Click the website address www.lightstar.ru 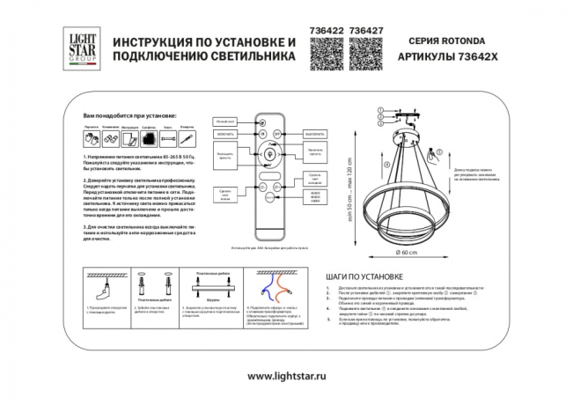pyautogui.click(x=287, y=377)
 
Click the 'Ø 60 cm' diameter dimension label pyautogui.click(x=406, y=254)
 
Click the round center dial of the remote pyautogui.click(x=263, y=158)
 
